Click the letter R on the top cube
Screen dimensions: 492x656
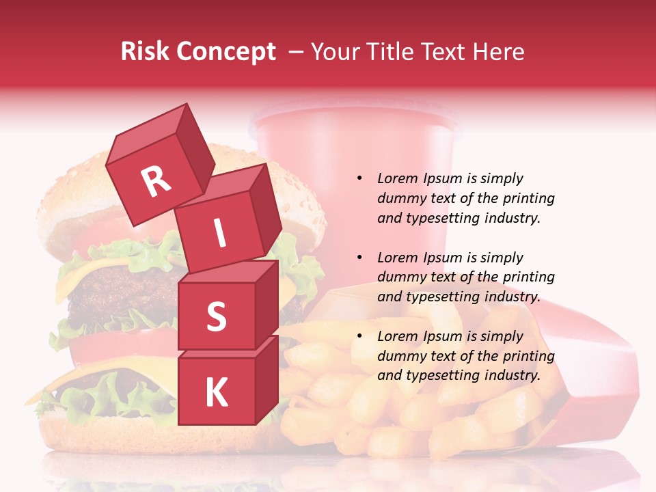pos(156,181)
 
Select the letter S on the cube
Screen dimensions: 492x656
pos(216,316)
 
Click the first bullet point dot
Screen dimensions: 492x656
pos(359,178)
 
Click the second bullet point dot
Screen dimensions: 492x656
pos(359,258)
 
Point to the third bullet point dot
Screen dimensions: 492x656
pos(359,336)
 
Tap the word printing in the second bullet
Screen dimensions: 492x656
pos(526,277)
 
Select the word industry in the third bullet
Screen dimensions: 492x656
pos(512,375)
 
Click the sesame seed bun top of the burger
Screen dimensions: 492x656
pos(75,191)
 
